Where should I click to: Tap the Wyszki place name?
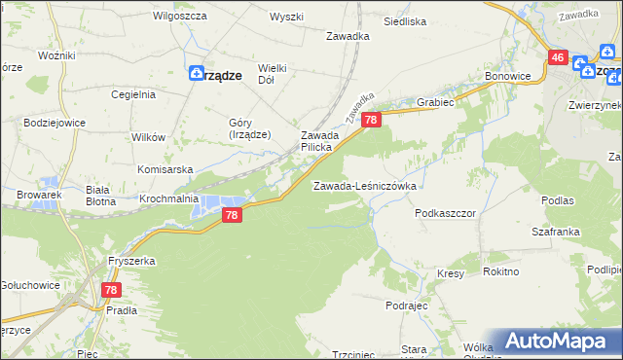(287, 18)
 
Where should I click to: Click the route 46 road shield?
(558, 58)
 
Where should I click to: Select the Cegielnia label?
(133, 94)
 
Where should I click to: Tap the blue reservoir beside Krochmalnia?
(210, 206)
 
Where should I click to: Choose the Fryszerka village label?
(133, 262)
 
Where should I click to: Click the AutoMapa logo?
(555, 341)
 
